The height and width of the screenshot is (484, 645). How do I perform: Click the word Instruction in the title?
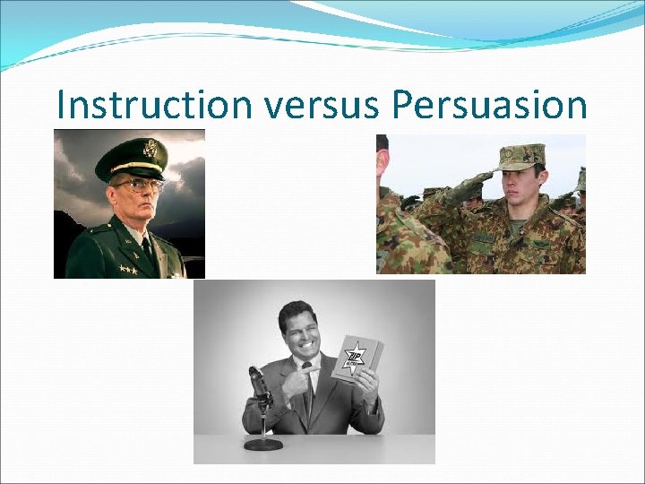[x=154, y=105]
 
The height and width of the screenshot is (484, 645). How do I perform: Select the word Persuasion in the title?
[x=489, y=105]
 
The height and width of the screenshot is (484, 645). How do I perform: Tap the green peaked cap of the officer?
[x=132, y=158]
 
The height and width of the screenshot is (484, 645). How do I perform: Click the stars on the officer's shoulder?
[x=128, y=269]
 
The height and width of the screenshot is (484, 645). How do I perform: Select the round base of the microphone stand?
[x=263, y=443]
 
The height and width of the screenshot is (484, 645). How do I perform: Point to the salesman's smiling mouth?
[x=305, y=343]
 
